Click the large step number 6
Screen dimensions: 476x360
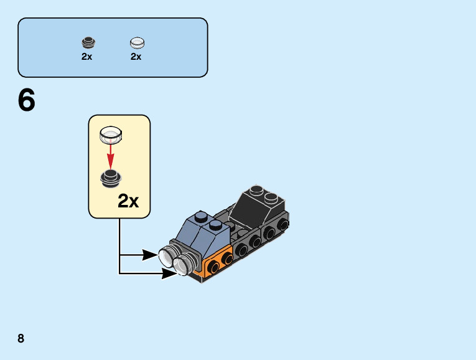tap(27, 101)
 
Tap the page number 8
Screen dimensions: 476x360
tap(21, 338)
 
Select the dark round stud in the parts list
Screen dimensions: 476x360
tap(88, 42)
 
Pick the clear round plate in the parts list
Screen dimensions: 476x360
tap(137, 43)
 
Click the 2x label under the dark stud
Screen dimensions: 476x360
tap(86, 56)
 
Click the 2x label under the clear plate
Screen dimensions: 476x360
tap(136, 56)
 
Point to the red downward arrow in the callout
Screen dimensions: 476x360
tap(111, 153)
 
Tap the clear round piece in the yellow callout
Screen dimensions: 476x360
tap(111, 134)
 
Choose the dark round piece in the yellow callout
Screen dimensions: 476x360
tap(111, 179)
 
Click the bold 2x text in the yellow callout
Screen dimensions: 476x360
tap(129, 201)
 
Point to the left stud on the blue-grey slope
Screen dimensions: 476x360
tap(200, 217)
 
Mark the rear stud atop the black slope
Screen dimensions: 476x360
tap(256, 190)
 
